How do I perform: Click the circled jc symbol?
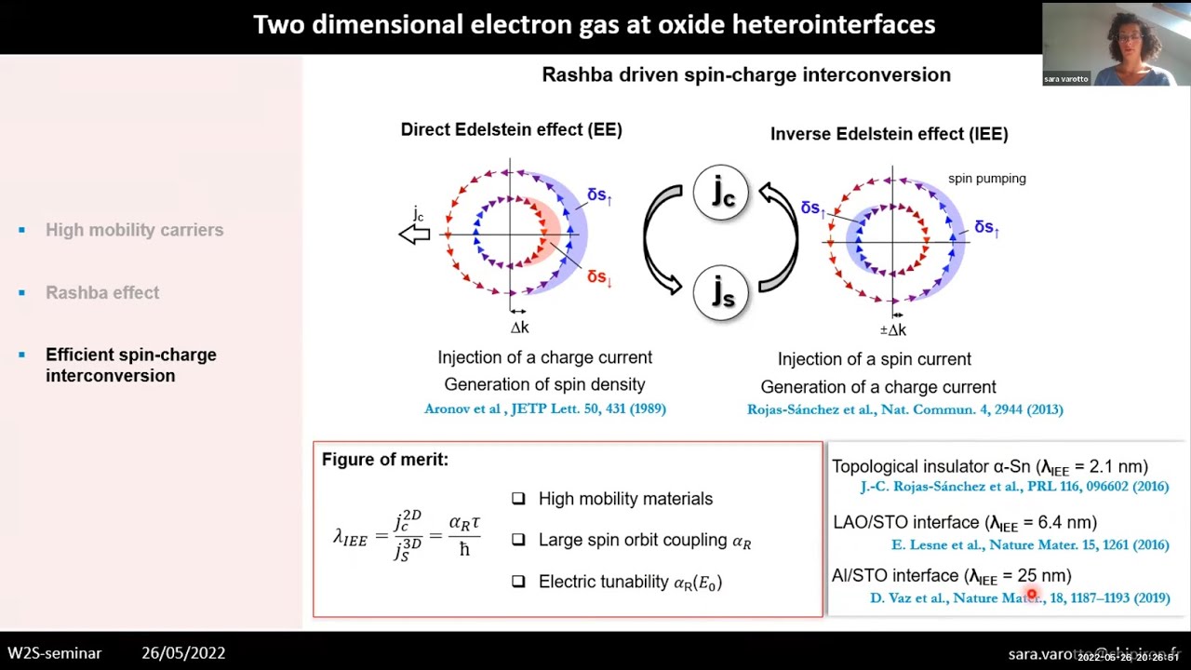pyautogui.click(x=721, y=192)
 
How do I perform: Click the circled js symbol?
pyautogui.click(x=721, y=292)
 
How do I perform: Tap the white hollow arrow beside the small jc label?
pyautogui.click(x=415, y=234)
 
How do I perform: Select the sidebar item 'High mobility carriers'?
pyautogui.click(x=134, y=230)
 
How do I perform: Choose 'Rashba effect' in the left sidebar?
pyautogui.click(x=102, y=292)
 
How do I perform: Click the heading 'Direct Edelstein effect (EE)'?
pyautogui.click(x=511, y=130)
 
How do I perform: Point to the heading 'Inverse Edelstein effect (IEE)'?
pyautogui.click(x=889, y=134)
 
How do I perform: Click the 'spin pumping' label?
pyautogui.click(x=986, y=179)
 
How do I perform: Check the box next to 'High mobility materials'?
pyautogui.click(x=518, y=499)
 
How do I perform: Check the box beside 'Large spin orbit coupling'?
pyautogui.click(x=518, y=540)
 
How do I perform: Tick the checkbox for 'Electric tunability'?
pyautogui.click(x=518, y=582)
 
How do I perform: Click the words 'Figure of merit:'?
pyautogui.click(x=384, y=460)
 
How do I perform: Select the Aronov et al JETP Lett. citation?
pyautogui.click(x=544, y=409)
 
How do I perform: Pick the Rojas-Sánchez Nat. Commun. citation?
pyautogui.click(x=904, y=409)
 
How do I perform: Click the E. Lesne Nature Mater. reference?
pyautogui.click(x=1030, y=545)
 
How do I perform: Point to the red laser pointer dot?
pyautogui.click(x=1032, y=595)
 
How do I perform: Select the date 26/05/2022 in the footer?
pyautogui.click(x=183, y=653)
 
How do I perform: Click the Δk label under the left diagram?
pyautogui.click(x=519, y=328)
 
